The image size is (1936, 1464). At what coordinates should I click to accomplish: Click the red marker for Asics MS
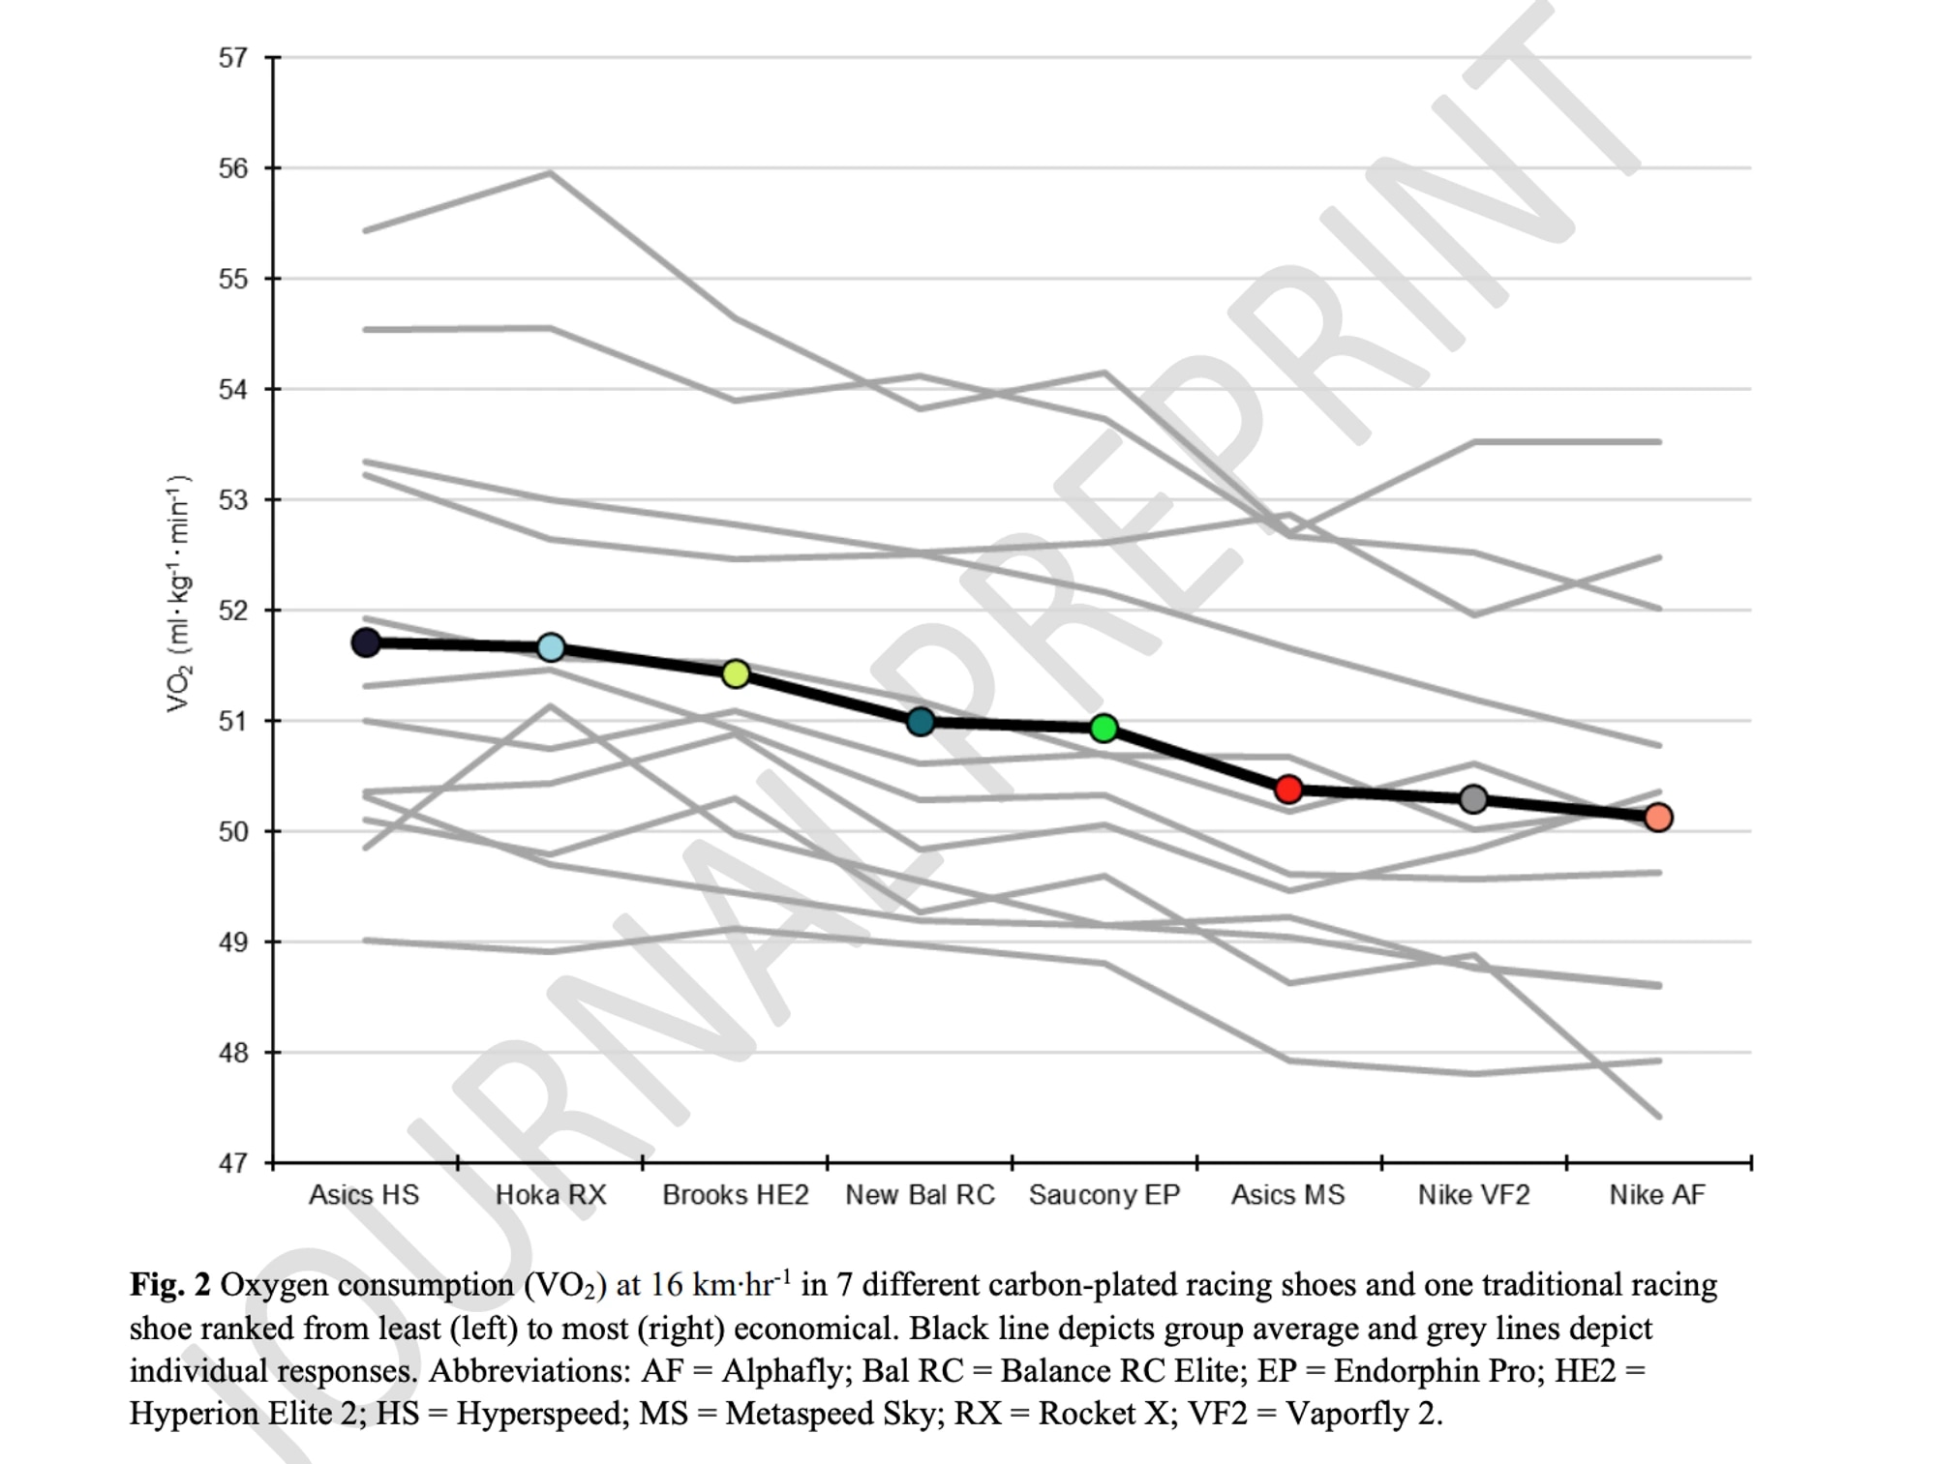coord(1288,790)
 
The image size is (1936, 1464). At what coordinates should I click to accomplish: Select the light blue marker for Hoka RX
coord(551,647)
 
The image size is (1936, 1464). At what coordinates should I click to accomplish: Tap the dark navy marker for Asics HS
coord(365,642)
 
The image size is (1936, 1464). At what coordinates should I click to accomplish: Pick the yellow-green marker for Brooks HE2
coord(736,673)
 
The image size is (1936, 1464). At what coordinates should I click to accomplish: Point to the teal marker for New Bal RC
coord(921,722)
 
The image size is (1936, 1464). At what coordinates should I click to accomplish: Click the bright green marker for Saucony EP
coord(1104,729)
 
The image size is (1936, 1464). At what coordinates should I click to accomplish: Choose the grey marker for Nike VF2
coord(1473,799)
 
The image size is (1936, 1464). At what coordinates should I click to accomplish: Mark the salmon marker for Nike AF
coord(1658,818)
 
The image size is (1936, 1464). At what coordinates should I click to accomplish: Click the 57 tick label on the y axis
coord(233,58)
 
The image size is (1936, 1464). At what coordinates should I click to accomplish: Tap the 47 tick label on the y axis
coord(233,1163)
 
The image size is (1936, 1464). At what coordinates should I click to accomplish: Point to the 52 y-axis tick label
coord(233,611)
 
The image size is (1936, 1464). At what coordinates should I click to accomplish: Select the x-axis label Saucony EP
coord(1104,1195)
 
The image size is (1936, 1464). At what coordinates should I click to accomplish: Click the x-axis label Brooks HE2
coord(736,1195)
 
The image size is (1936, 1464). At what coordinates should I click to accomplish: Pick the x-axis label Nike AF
coord(1657,1195)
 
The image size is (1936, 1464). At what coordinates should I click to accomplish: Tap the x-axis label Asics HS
coord(364,1195)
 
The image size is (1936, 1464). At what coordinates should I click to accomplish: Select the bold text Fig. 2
coord(170,1285)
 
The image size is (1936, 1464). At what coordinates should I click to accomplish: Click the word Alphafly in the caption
coord(782,1371)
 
